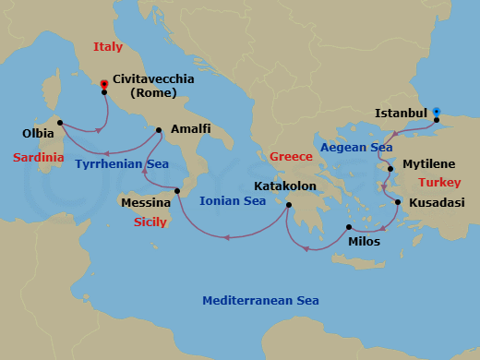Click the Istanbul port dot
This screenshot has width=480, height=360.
click(436, 119)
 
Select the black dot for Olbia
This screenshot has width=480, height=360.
click(59, 122)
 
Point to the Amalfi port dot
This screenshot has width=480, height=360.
click(160, 129)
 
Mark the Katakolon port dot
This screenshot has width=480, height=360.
click(289, 205)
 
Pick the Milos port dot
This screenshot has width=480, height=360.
click(349, 227)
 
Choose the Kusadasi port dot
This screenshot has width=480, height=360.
click(398, 201)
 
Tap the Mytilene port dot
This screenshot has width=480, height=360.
click(390, 169)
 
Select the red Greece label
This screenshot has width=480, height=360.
click(291, 157)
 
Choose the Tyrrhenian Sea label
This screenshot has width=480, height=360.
click(122, 164)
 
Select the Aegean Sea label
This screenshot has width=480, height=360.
click(354, 148)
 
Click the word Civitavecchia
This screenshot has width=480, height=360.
click(153, 79)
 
